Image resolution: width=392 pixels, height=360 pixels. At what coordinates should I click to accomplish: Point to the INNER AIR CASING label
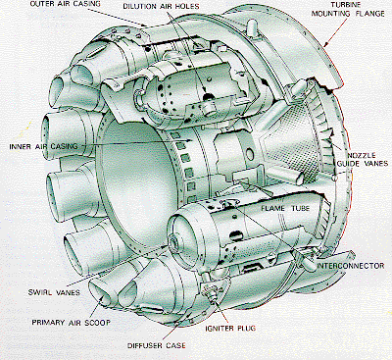point(38,148)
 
